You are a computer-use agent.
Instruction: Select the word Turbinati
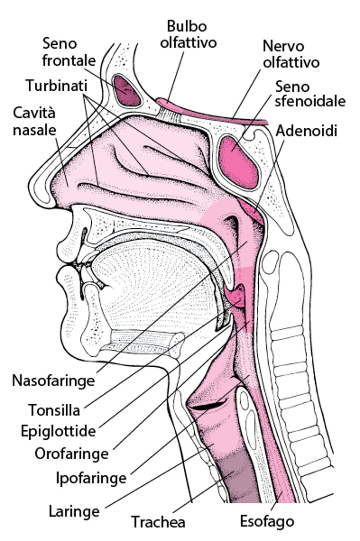point(57,86)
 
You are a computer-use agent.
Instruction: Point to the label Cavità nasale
point(34,122)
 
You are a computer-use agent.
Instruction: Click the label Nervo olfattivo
point(291,54)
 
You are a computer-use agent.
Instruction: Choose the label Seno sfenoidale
point(310,94)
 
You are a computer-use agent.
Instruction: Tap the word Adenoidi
point(307,131)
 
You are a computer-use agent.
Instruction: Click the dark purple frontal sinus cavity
point(127,90)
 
